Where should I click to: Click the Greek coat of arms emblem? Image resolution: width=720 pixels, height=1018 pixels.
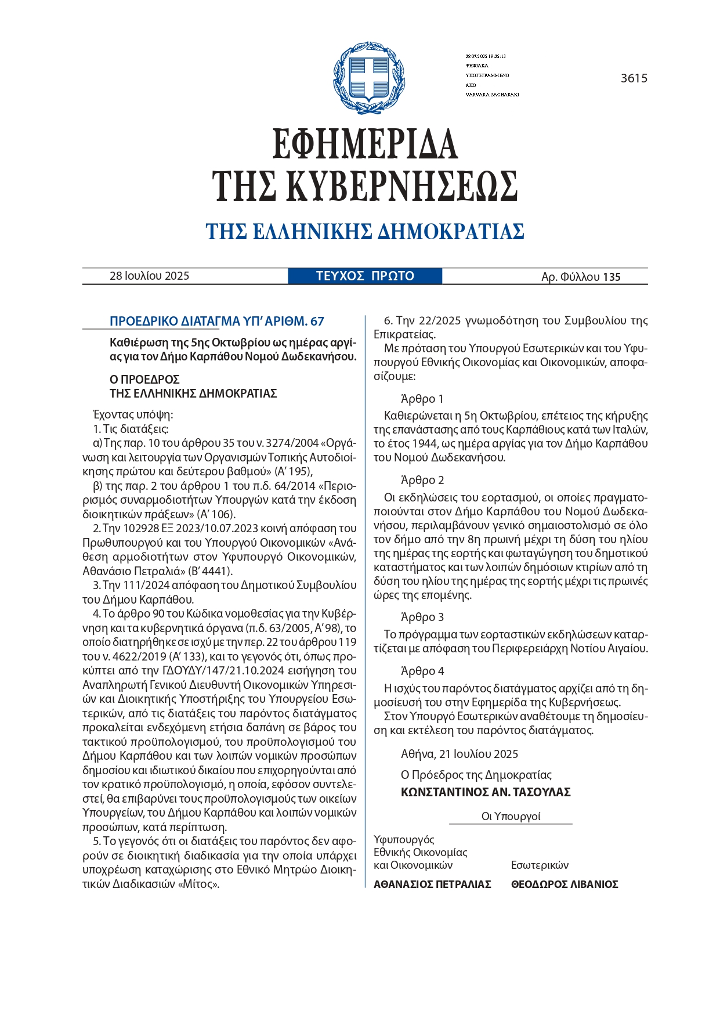click(x=369, y=78)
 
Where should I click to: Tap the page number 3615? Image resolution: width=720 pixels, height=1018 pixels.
click(x=634, y=78)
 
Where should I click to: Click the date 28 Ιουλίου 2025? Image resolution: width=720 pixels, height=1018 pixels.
click(x=149, y=276)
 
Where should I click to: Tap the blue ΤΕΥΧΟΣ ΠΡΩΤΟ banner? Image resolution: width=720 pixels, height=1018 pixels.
click(x=365, y=276)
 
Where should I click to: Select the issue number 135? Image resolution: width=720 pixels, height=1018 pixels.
click(x=612, y=277)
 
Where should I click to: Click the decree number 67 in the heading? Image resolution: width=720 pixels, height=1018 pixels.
click(x=317, y=322)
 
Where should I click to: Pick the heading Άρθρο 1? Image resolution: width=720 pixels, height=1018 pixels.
click(x=422, y=399)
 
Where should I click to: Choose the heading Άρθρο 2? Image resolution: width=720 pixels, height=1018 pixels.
click(x=422, y=480)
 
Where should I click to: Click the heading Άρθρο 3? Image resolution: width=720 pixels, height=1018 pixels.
click(x=422, y=617)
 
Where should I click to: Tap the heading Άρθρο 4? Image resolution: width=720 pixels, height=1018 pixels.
click(x=422, y=671)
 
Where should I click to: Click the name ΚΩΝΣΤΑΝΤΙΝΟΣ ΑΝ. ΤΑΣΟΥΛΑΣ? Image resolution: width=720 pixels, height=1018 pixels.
click(x=486, y=792)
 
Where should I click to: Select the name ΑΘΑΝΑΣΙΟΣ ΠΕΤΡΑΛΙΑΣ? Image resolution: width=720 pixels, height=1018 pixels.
click(x=432, y=885)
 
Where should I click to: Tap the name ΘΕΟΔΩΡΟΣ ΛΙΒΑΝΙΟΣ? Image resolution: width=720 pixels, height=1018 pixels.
click(x=564, y=885)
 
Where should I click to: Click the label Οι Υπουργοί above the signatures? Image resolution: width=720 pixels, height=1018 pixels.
click(x=511, y=817)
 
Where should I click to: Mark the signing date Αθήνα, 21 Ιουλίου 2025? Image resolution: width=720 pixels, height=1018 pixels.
click(x=460, y=754)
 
